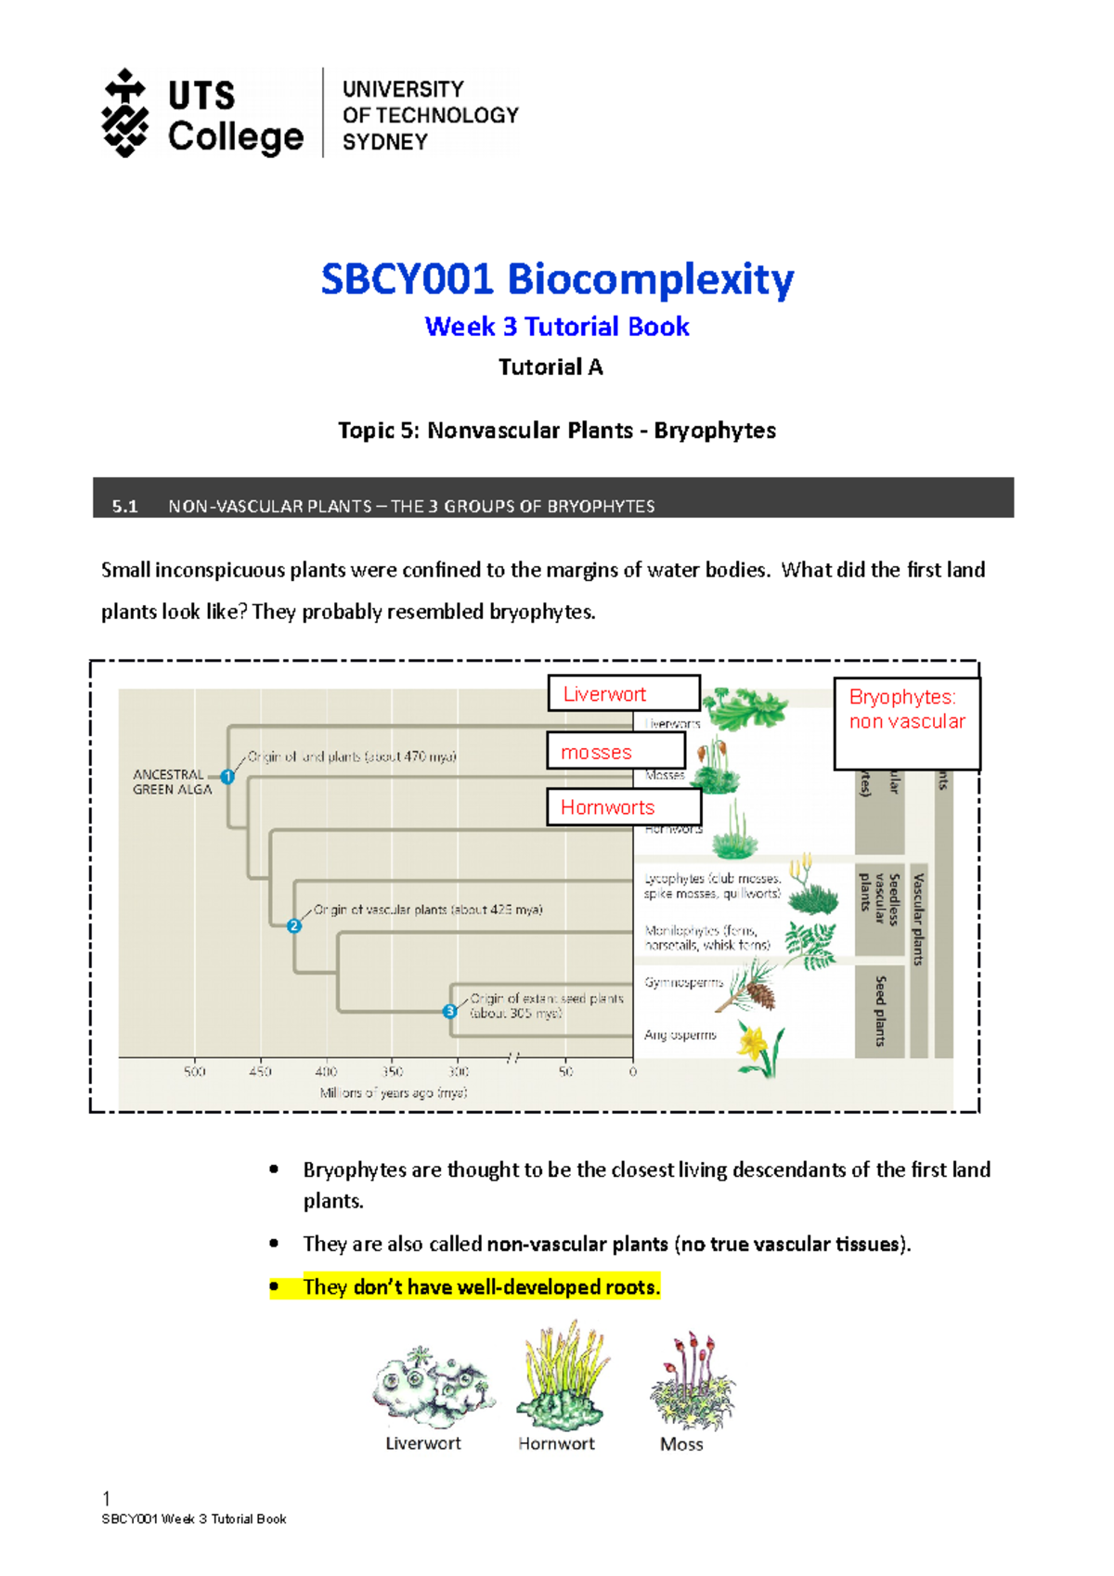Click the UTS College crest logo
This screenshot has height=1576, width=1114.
(x=124, y=113)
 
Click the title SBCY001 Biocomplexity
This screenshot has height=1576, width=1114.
(x=557, y=278)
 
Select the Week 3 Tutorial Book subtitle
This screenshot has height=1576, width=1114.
(x=557, y=327)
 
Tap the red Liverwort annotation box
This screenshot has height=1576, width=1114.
(x=624, y=693)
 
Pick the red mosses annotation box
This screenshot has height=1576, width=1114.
(x=616, y=751)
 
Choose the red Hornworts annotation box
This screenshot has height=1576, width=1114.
(x=624, y=807)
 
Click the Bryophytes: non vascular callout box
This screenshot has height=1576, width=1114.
(x=907, y=723)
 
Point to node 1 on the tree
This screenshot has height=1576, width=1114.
(x=227, y=776)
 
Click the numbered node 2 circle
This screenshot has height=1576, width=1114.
(x=294, y=925)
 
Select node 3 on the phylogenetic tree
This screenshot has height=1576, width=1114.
(x=450, y=1011)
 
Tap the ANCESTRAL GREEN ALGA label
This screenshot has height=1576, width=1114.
(x=173, y=782)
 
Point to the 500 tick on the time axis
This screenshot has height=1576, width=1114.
(x=194, y=1071)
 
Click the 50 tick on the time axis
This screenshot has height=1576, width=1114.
(x=565, y=1071)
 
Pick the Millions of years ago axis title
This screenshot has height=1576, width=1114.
(x=394, y=1092)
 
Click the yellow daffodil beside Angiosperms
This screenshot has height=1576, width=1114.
(x=758, y=1049)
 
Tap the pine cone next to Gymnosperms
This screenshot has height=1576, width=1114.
(x=760, y=995)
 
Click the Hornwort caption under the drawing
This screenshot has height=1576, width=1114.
(x=556, y=1443)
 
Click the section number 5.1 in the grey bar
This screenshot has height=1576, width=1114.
(x=124, y=506)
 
